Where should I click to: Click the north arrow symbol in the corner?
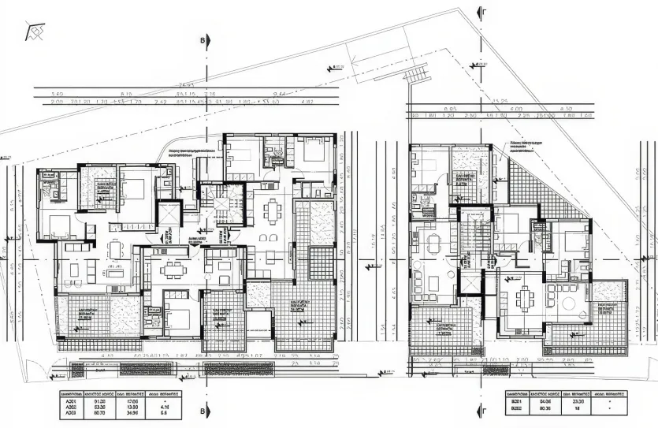pos(36,32)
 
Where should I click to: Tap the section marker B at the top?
pos(203,39)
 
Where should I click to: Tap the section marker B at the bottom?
pos(203,411)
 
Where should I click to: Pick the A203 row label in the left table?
pos(70,412)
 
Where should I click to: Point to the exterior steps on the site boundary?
pos(415,76)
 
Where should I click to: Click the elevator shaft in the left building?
pos(169,212)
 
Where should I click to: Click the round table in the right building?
pos(567,303)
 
